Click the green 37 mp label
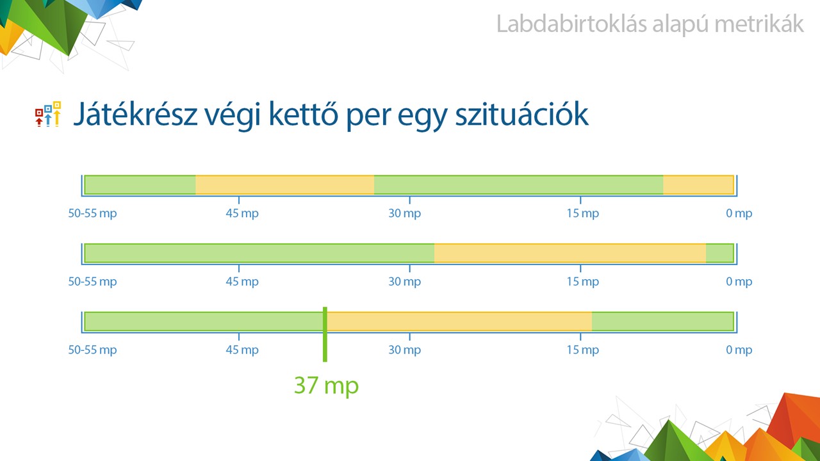click(x=326, y=386)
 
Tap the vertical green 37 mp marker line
click(x=325, y=334)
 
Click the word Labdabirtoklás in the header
click(x=572, y=24)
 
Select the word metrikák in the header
click(x=759, y=24)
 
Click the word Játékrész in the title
click(x=136, y=114)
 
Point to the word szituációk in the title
click(x=521, y=114)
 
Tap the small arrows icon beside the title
click(x=48, y=114)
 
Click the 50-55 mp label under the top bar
click(x=93, y=213)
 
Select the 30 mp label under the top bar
click(x=404, y=213)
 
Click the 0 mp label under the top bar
click(x=739, y=213)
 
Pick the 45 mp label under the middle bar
click(x=242, y=281)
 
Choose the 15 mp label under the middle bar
click(x=583, y=281)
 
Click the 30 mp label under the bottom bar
click(x=404, y=350)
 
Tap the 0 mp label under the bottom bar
click(x=739, y=350)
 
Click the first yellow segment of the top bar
click(x=285, y=185)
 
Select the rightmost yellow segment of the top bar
click(x=698, y=185)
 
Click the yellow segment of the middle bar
click(x=570, y=253)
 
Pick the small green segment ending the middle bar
click(x=719, y=253)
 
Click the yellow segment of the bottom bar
click(x=459, y=321)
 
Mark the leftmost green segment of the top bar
click(x=140, y=185)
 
